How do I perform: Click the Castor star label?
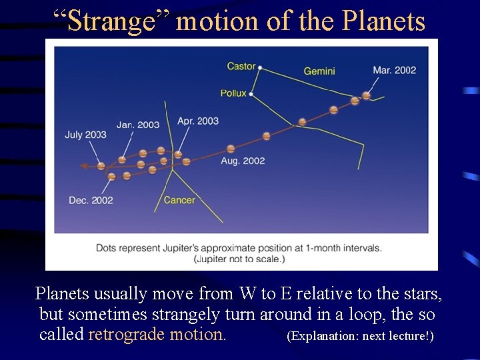click(241, 66)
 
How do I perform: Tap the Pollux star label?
click(233, 93)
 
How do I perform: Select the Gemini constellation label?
click(319, 71)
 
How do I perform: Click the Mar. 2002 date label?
click(394, 70)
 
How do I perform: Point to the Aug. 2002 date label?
click(243, 161)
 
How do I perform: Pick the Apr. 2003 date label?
click(197, 121)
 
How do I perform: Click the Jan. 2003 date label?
click(138, 125)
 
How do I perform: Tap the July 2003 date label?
click(85, 135)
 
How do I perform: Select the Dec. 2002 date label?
click(91, 200)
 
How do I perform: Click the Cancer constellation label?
click(179, 200)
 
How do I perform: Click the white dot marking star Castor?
click(260, 67)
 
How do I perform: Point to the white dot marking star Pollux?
click(251, 94)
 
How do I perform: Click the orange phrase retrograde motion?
click(157, 334)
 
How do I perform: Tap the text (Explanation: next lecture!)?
click(359, 335)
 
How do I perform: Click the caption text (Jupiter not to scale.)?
click(239, 259)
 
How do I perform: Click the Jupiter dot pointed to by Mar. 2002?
click(365, 96)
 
